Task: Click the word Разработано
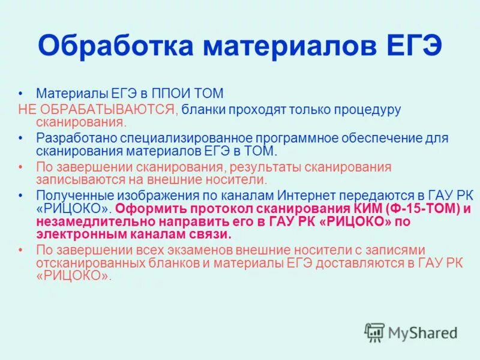tap(75, 139)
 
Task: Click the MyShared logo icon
tap(374, 332)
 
